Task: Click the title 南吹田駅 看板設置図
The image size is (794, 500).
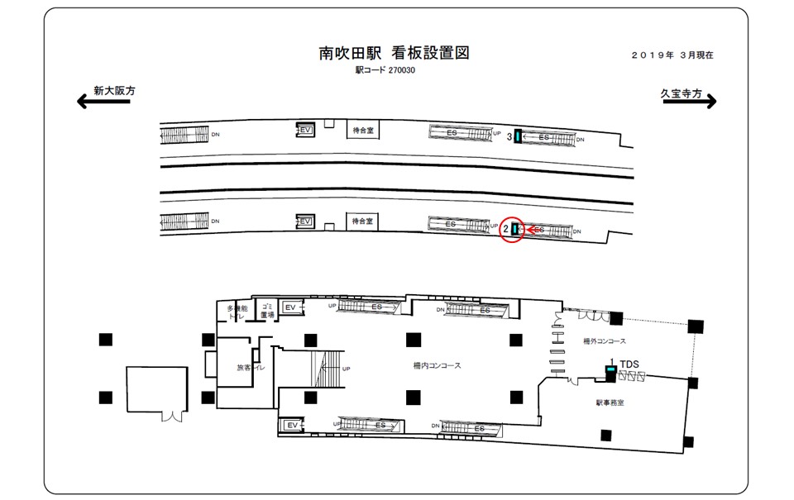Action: click(x=394, y=54)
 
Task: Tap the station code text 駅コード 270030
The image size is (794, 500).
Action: click(x=385, y=71)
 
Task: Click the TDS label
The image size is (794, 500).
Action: click(x=630, y=364)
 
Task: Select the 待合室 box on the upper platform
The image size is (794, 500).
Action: click(x=362, y=130)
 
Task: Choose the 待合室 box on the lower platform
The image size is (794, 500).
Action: click(x=362, y=221)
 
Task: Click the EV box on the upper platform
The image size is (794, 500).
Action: click(x=305, y=130)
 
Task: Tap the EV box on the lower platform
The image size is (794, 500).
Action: click(x=305, y=221)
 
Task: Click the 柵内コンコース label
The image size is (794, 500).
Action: click(x=437, y=365)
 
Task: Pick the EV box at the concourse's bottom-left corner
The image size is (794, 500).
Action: click(x=290, y=425)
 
